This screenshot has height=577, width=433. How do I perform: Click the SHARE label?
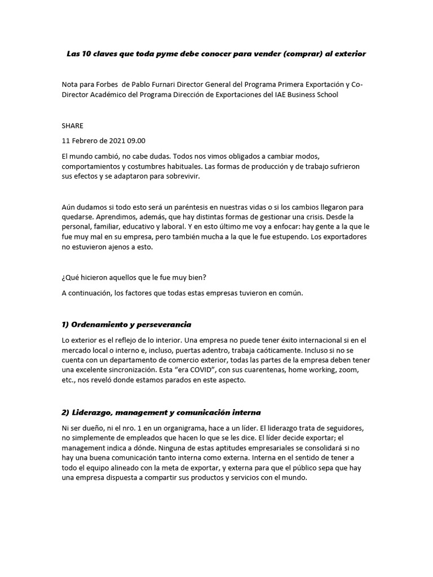[x=72, y=126]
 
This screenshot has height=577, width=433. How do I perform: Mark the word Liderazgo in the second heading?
[x=93, y=412]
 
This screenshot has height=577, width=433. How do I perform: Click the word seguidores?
[x=343, y=427]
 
